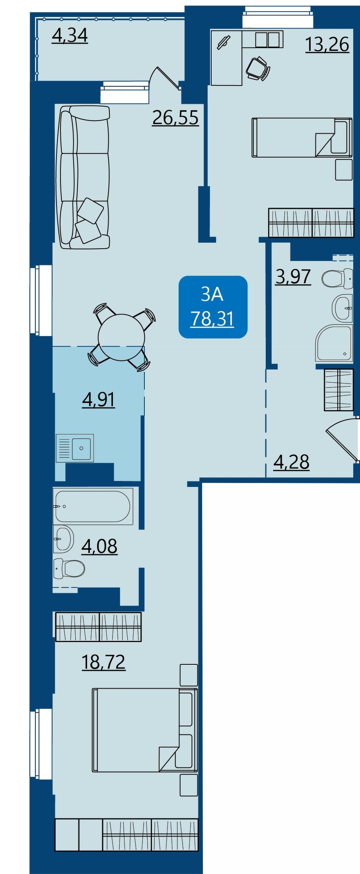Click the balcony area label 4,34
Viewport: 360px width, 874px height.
coord(70,36)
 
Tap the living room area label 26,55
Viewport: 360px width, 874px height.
coord(175,118)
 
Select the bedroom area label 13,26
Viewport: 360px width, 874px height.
coord(327,44)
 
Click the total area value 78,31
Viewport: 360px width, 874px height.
coord(212,319)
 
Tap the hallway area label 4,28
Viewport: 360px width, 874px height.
coord(292,462)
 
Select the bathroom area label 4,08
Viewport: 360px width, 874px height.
coord(99,546)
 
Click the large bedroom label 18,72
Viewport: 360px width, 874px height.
coord(103,662)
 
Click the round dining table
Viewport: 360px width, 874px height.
coord(121,337)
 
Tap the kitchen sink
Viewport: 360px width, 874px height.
coord(75,448)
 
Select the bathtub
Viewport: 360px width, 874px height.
coord(93,506)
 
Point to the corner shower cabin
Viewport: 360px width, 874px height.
coord(334,343)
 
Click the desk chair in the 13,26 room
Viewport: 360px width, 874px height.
coord(257,68)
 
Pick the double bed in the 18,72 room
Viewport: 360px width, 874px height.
coord(145,730)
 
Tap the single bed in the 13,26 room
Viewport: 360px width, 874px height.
coord(302,137)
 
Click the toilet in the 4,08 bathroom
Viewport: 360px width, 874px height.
coord(69,568)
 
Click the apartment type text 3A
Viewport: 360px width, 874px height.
coord(212,294)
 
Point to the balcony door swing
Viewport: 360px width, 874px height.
coord(165,77)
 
